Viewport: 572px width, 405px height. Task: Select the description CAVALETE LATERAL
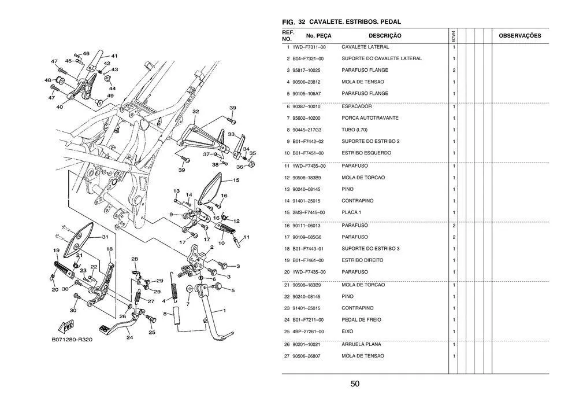[x=365, y=47]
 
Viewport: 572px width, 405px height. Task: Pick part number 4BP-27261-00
[x=309, y=332]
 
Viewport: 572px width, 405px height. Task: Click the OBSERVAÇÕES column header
[x=519, y=36]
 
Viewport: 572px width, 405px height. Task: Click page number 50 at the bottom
[x=355, y=384]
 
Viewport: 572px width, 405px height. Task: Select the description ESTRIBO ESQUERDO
[x=366, y=153]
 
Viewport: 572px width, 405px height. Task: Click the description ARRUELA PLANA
[x=361, y=344]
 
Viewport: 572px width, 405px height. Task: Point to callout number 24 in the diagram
[x=129, y=337]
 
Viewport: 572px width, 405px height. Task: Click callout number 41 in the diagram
[x=114, y=56]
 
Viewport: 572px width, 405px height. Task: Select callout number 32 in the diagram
[x=196, y=112]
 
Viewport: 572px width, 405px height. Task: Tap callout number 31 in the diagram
[x=105, y=237]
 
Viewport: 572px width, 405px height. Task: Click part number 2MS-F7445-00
[x=309, y=212]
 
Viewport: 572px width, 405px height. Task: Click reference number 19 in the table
[x=287, y=260]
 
